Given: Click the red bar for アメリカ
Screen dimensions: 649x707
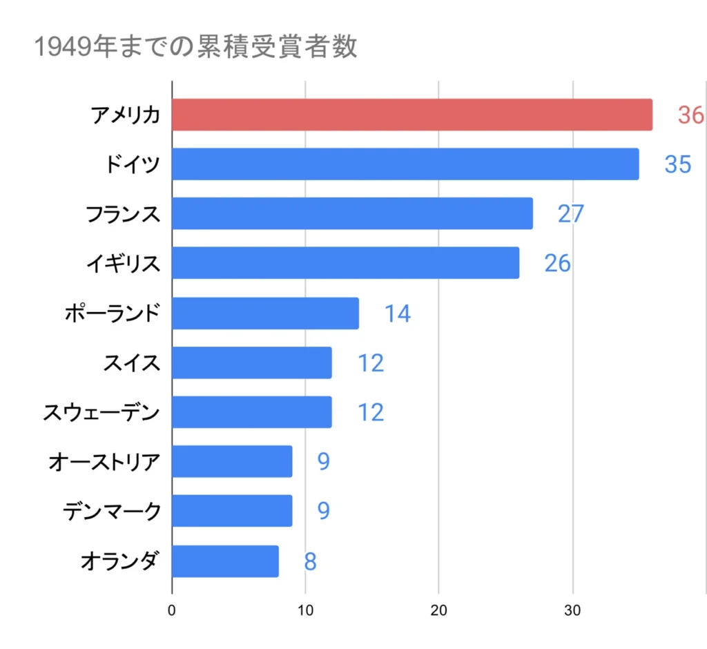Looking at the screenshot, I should coord(411,115).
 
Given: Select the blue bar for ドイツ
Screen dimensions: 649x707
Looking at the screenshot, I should coord(405,164).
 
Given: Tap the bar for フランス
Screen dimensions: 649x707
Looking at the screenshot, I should coord(352,213).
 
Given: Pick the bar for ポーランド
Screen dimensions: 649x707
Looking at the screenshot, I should coord(265,313).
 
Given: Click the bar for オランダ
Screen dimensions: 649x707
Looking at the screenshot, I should coord(225,561).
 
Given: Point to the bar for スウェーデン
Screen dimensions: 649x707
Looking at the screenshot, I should coord(251,412).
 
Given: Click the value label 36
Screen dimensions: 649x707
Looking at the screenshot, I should coord(690,115).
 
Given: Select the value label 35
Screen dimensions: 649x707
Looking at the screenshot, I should coord(677,164).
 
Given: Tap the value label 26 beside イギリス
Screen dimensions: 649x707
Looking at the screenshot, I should coord(557,263).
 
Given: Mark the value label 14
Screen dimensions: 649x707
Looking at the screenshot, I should coord(397,313).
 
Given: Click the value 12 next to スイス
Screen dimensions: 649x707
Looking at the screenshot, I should coord(370,363).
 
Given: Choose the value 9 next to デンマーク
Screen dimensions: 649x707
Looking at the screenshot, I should coord(323,511).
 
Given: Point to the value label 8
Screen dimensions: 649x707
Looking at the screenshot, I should coord(310,561).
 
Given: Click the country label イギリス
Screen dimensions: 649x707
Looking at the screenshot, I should coord(123,263).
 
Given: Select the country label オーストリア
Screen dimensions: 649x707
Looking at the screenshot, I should coord(104,462).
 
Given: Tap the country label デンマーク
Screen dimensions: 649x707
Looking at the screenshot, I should coord(111,512).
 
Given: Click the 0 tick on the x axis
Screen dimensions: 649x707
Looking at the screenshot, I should coord(171,610).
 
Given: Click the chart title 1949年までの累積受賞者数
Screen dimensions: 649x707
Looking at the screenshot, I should coord(195,47).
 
